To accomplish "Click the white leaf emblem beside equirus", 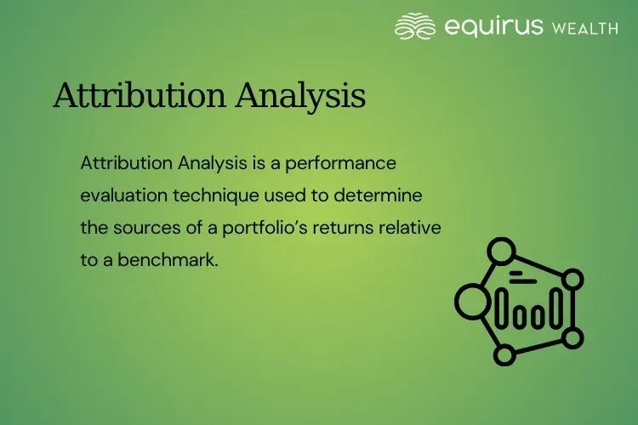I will click(x=415, y=26).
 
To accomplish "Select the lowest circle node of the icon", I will click(x=505, y=354).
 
